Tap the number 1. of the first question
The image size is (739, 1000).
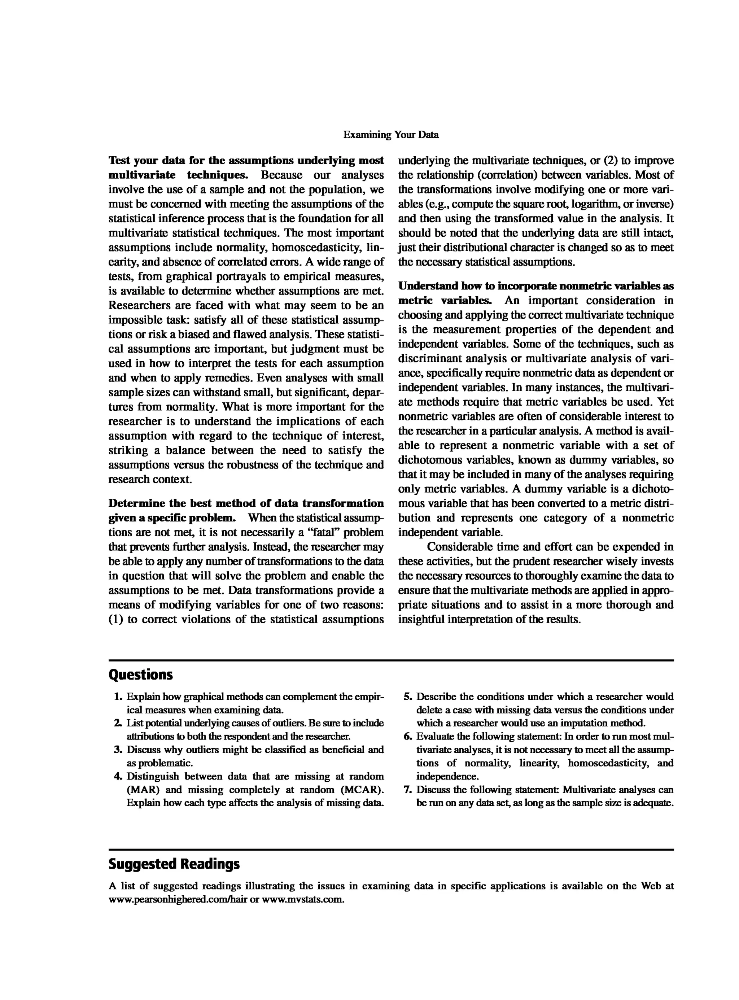(118, 696)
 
